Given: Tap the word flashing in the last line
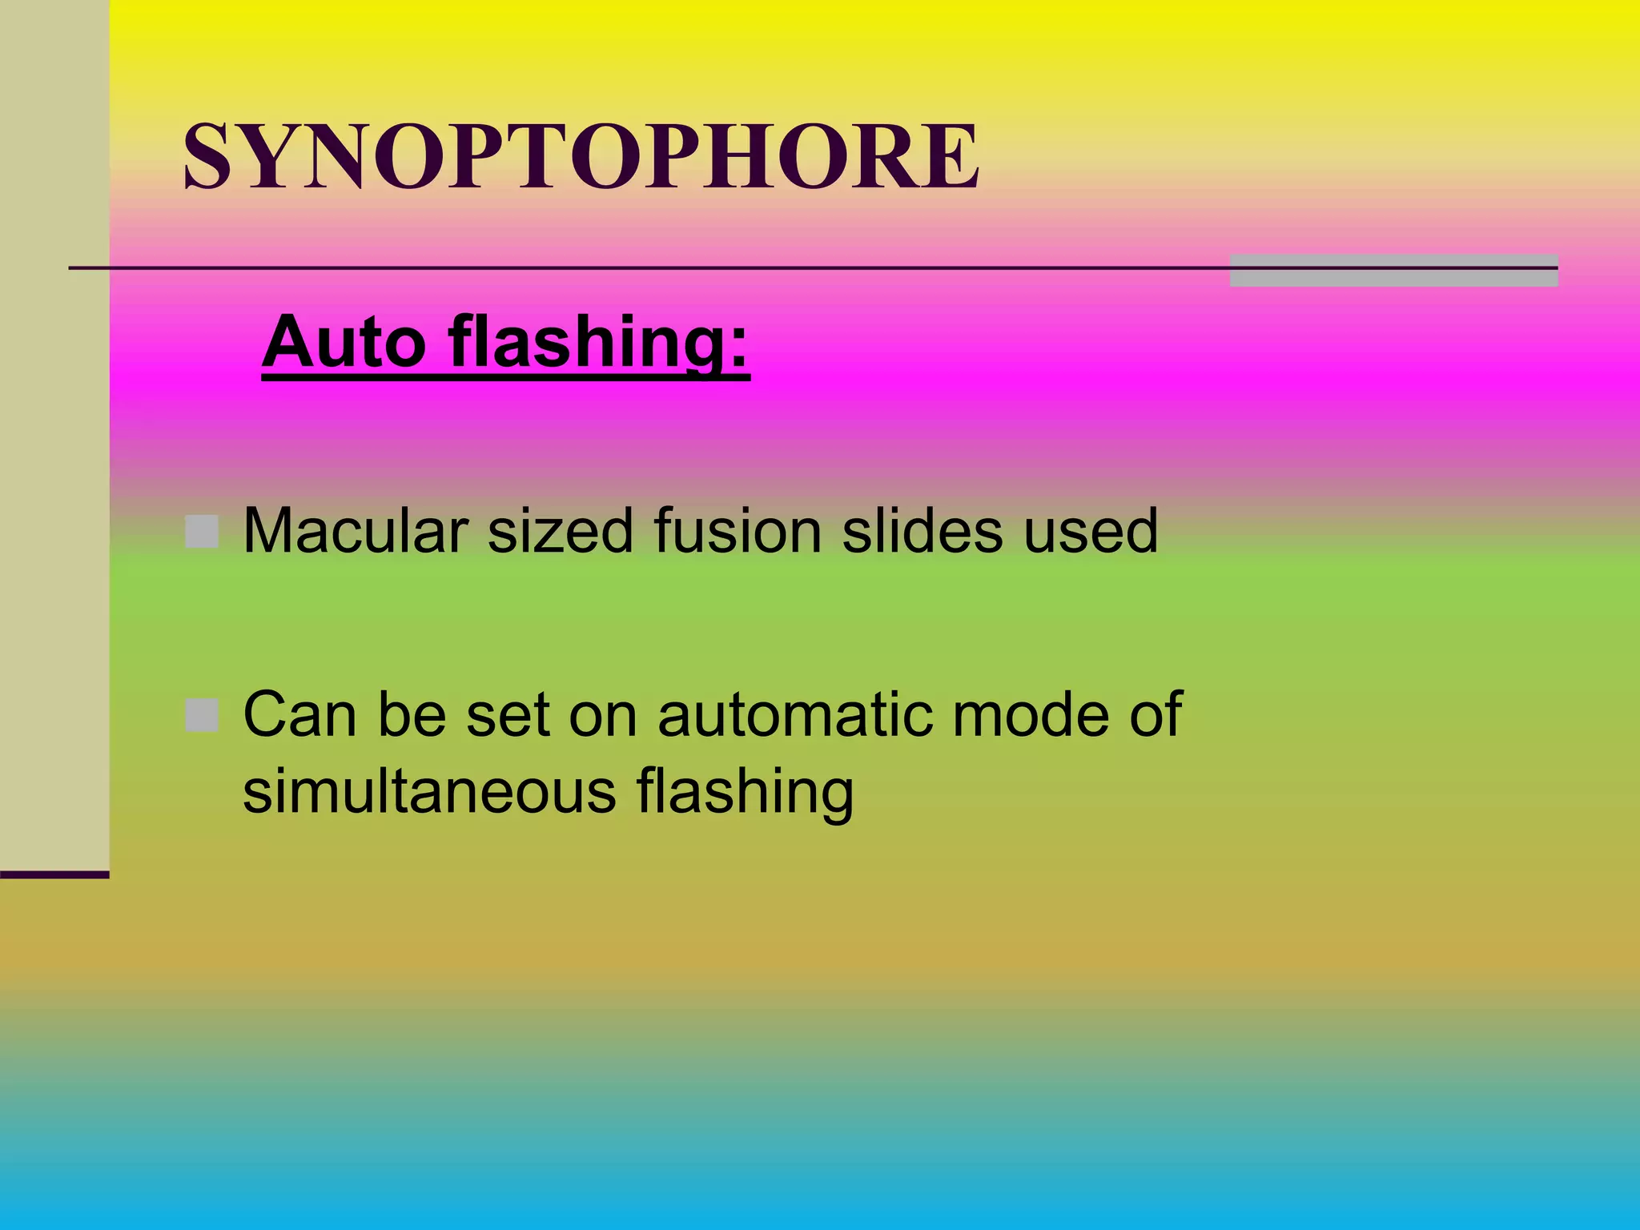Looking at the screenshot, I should pos(745,793).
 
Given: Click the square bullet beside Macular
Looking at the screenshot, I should pos(202,532).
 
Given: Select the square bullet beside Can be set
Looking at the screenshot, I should pos(202,715).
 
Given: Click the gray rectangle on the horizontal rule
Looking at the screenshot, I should pos(1393,271).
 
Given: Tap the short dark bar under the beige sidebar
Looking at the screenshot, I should pos(54,874).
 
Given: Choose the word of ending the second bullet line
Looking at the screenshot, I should pos(1156,714).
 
